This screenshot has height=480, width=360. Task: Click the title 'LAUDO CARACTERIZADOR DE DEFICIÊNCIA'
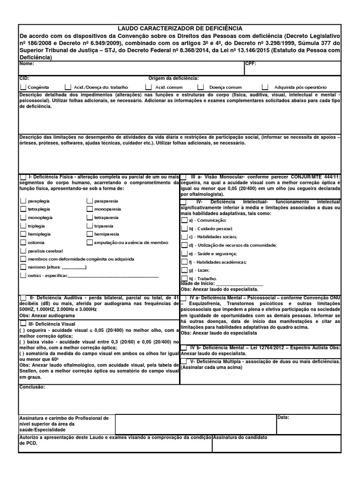[180, 29]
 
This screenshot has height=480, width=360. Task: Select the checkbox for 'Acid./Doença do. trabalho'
[68, 87]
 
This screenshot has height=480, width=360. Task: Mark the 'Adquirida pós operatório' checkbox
[265, 87]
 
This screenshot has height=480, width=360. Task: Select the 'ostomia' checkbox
[23, 242]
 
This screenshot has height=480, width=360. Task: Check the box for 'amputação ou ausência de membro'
[90, 242]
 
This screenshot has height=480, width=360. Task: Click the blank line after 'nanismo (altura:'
[74, 268]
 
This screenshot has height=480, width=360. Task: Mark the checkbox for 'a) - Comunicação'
[184, 220]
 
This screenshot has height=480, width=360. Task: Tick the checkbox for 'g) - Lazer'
[184, 270]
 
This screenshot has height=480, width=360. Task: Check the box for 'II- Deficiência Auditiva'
[23, 298]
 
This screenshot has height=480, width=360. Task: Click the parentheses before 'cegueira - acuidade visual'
[22, 330]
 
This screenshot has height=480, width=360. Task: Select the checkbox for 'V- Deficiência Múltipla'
[184, 362]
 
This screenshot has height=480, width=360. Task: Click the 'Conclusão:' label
[32, 387]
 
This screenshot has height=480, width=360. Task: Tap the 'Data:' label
[283, 417]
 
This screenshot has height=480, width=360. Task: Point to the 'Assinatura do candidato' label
[240, 437]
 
